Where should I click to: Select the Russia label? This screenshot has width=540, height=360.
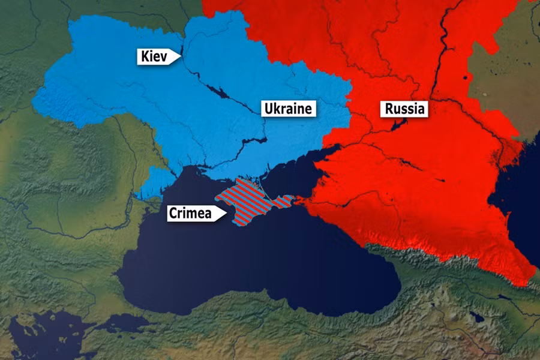tap(404, 109)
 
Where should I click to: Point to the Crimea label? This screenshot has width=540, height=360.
tap(191, 212)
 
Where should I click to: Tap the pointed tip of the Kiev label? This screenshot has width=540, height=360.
tap(180, 57)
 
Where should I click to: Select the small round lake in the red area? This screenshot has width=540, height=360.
tap(466, 79)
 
